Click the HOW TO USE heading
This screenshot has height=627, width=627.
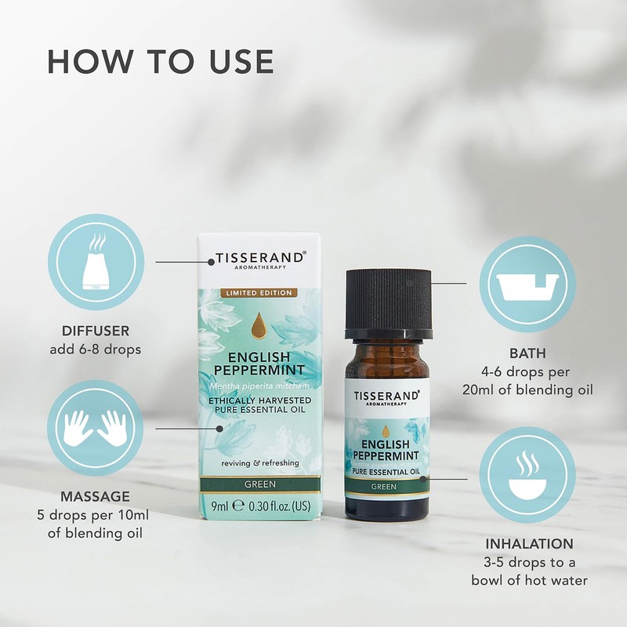click(161, 62)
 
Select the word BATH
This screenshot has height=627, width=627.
click(527, 354)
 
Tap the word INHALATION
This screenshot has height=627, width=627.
click(529, 543)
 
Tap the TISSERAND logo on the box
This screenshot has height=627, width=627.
click(259, 257)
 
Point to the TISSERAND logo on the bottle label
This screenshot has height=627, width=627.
click(386, 396)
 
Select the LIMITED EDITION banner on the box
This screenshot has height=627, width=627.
click(259, 292)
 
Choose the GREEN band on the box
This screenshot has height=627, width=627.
click(259, 485)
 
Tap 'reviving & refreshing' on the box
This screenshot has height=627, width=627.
click(259, 463)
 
